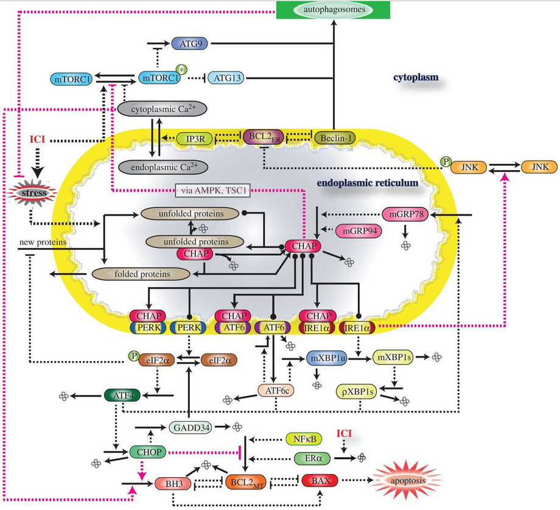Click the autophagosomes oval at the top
click(334, 10)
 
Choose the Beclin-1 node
click(334, 138)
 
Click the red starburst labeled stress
click(34, 194)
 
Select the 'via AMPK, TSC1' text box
click(215, 190)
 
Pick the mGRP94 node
click(357, 232)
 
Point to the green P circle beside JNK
click(447, 161)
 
